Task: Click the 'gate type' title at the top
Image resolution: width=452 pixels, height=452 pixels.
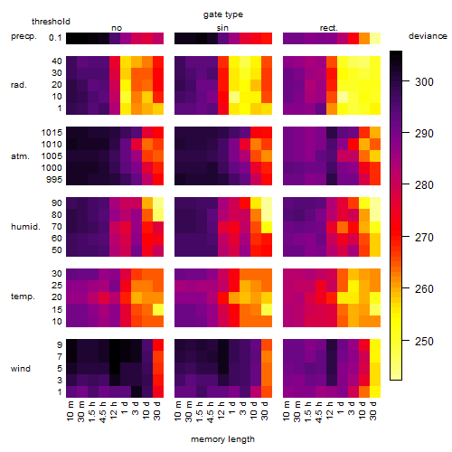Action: [x=223, y=14]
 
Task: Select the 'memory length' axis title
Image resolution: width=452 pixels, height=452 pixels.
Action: [x=222, y=439]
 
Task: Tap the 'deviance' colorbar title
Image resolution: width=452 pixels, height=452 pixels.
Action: [x=428, y=36]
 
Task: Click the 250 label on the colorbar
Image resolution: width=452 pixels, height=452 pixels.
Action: [x=424, y=342]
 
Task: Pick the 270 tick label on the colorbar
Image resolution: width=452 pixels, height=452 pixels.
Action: [x=424, y=238]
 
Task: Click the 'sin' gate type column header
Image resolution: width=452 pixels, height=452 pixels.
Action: [x=222, y=28]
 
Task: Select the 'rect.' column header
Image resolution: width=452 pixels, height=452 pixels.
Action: [x=329, y=28]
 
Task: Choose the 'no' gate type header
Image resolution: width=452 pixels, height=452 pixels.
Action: [x=117, y=28]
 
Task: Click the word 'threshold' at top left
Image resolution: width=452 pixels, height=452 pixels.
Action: [x=51, y=22]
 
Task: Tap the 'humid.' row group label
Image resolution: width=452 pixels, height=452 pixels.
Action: [x=25, y=227]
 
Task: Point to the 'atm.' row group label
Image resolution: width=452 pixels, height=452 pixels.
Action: [x=20, y=156]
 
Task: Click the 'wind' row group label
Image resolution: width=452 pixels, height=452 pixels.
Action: [x=21, y=369]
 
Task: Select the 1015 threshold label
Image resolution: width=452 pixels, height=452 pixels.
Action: [x=52, y=133]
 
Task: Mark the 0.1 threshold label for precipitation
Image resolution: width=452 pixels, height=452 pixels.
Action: [x=55, y=38]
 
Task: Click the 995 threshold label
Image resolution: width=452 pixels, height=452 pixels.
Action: [x=54, y=180]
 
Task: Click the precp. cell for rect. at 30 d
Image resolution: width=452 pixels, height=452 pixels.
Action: [x=375, y=38]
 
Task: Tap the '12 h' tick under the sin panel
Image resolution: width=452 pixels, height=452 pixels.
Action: [x=221, y=410]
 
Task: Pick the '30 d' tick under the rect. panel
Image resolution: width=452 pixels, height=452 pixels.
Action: [x=373, y=410]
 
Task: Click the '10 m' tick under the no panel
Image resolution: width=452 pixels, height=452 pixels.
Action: [x=70, y=410]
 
